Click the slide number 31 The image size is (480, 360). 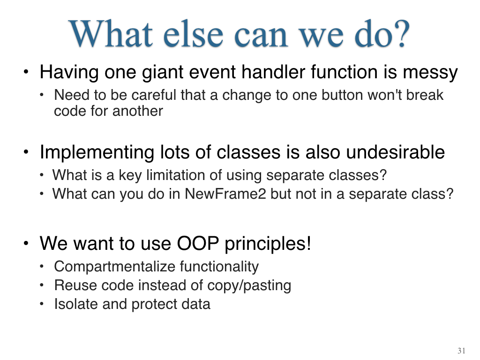click(461, 351)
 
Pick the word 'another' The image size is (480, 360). click(138, 111)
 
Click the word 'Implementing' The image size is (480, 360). click(97, 152)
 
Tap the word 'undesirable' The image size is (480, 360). click(395, 152)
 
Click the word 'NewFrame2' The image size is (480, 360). click(225, 194)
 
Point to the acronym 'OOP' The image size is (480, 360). click(198, 244)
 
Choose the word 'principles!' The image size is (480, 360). click(268, 244)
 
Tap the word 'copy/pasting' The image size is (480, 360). click(249, 285)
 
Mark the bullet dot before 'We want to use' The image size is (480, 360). click(26, 244)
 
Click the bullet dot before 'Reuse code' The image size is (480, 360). click(42, 285)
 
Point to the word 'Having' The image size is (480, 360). click(69, 73)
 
